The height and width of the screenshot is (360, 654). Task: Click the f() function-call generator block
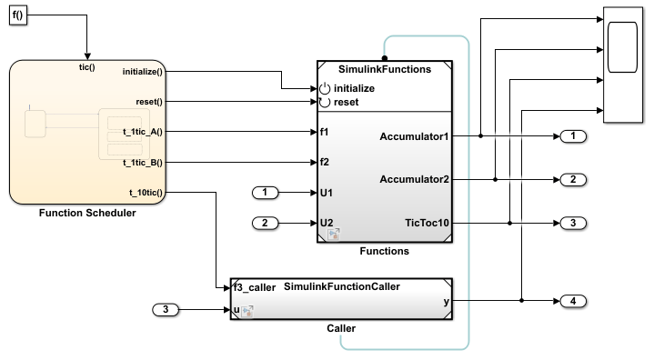(18, 15)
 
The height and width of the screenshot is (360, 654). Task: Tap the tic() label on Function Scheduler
(87, 67)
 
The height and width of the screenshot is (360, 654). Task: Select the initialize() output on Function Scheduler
(142, 72)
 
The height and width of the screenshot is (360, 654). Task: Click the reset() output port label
(149, 102)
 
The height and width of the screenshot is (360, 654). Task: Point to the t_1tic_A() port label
(143, 132)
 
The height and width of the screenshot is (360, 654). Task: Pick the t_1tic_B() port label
(143, 163)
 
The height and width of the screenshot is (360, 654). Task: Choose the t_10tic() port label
(146, 193)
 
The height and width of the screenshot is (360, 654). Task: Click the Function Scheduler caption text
(87, 213)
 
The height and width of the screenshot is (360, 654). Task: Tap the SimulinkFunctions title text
(385, 69)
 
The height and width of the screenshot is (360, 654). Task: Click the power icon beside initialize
(325, 88)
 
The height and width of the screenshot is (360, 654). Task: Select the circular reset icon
(325, 102)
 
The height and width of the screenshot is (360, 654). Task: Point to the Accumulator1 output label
(414, 136)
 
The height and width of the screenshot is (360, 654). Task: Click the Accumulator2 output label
(414, 180)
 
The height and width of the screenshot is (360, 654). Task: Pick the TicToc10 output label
(428, 223)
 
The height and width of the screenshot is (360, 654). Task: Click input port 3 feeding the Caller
(166, 310)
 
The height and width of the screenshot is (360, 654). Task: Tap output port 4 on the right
(573, 301)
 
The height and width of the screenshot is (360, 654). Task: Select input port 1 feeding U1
(265, 193)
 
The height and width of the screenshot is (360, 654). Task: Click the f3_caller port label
(255, 287)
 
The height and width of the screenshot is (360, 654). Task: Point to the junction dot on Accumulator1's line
(480, 136)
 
